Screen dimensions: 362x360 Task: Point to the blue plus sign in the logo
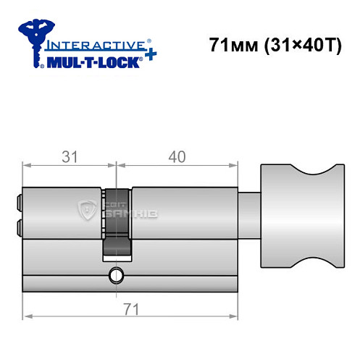(148, 56)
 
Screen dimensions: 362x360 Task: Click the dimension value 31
(70, 156)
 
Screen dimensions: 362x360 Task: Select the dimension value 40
(177, 156)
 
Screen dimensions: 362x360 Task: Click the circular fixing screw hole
(114, 275)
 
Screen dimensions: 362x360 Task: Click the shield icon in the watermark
(87, 211)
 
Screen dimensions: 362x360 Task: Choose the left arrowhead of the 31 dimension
(27, 165)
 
